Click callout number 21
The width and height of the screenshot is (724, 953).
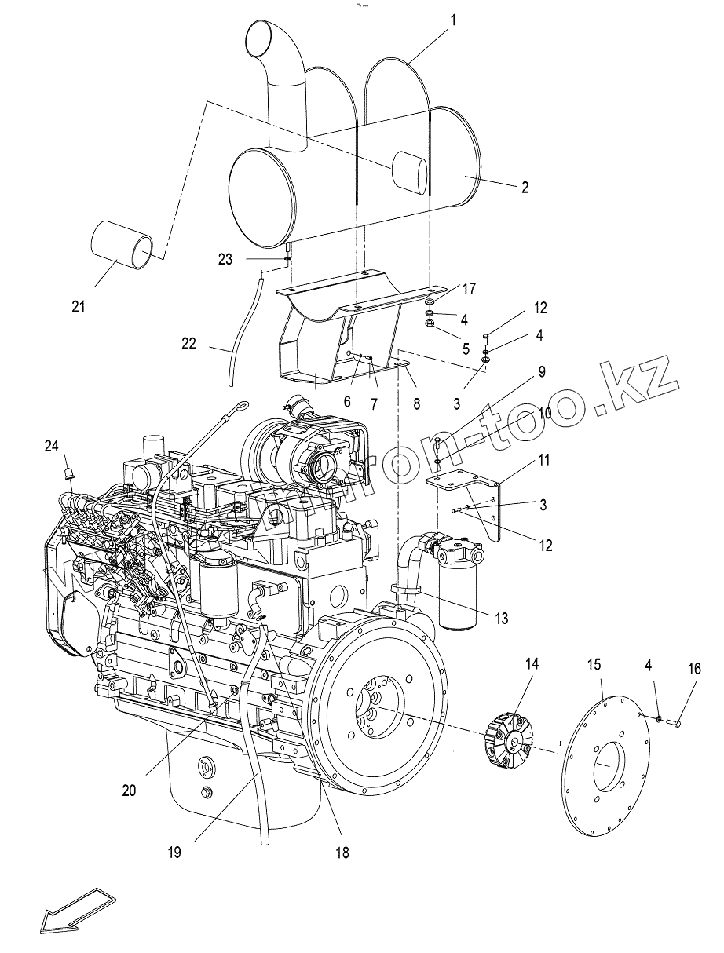(78, 306)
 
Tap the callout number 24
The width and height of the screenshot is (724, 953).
(51, 447)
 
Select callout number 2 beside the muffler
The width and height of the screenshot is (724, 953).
(525, 188)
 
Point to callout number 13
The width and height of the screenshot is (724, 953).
(500, 619)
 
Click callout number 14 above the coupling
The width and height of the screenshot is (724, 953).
(532, 663)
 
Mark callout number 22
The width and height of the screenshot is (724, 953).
(188, 343)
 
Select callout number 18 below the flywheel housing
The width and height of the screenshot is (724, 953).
(342, 852)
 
